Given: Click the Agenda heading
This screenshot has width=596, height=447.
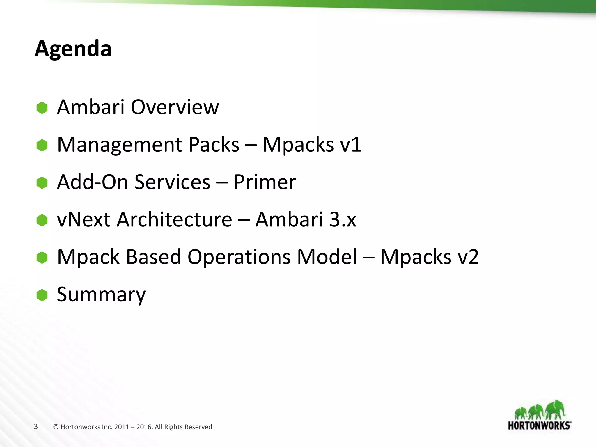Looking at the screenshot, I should click(x=73, y=49).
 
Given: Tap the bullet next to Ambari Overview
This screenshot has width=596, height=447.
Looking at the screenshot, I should click(x=42, y=108).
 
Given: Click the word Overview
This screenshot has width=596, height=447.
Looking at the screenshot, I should click(x=175, y=107).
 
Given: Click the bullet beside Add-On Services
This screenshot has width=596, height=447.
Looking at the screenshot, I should click(x=42, y=183).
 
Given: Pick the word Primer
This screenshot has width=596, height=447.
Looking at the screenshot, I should click(x=265, y=182).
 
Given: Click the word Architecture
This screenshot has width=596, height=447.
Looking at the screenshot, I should click(x=174, y=219).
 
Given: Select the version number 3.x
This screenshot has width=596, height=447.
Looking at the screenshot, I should click(x=343, y=219).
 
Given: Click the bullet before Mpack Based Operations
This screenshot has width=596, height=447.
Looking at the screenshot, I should click(x=42, y=258).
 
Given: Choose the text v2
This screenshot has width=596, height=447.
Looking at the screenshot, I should click(x=468, y=257).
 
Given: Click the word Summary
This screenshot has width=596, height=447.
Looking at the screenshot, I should click(x=101, y=295).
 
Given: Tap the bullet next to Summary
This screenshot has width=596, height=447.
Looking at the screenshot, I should click(x=42, y=295).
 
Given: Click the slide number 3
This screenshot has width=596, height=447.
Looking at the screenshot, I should click(x=36, y=427).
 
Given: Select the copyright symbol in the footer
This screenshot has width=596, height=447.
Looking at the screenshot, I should click(x=56, y=427).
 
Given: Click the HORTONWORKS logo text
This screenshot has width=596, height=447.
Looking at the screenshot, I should click(x=539, y=425).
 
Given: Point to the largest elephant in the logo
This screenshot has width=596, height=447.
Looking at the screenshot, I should click(x=556, y=409).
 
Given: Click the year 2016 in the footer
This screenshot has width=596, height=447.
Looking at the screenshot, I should click(x=144, y=427).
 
